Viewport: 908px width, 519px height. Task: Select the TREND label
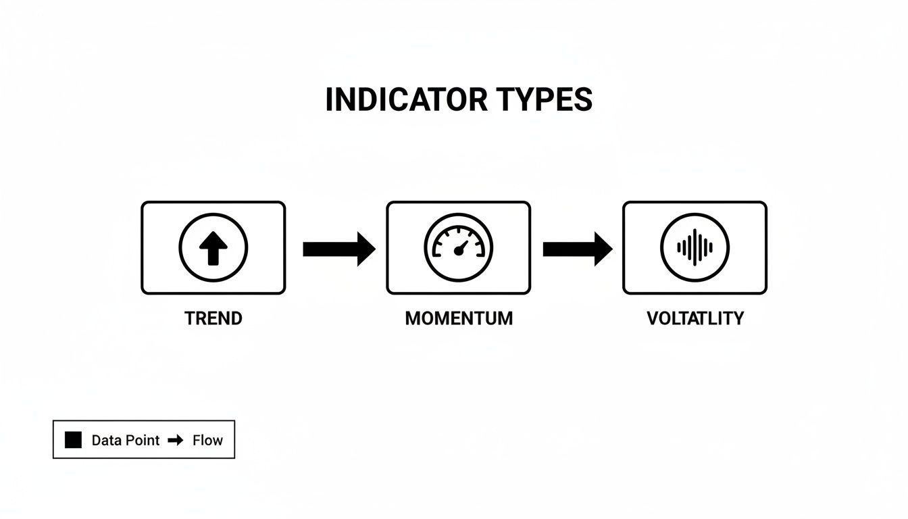click(213, 318)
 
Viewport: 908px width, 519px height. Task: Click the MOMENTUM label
click(459, 318)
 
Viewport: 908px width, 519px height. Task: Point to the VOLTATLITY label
click(695, 318)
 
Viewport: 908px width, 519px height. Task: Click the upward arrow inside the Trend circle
click(213, 247)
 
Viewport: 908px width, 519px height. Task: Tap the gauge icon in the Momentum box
click(459, 247)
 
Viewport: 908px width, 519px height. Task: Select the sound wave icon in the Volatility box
click(695, 247)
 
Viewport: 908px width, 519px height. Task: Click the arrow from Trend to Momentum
click(338, 249)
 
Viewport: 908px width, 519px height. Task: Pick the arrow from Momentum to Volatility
click(577, 249)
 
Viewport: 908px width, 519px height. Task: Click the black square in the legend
click(73, 440)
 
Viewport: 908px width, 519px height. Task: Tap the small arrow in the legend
click(176, 440)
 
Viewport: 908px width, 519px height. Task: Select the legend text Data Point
click(126, 440)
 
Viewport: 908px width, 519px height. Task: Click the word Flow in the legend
click(207, 440)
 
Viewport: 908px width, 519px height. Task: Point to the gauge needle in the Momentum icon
click(461, 246)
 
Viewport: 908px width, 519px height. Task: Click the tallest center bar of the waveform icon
click(696, 247)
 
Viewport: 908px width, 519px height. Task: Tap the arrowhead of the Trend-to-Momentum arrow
click(365, 249)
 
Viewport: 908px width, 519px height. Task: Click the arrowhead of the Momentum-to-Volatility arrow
click(603, 249)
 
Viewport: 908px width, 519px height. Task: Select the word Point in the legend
click(143, 440)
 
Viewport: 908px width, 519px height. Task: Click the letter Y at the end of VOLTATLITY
click(738, 318)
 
